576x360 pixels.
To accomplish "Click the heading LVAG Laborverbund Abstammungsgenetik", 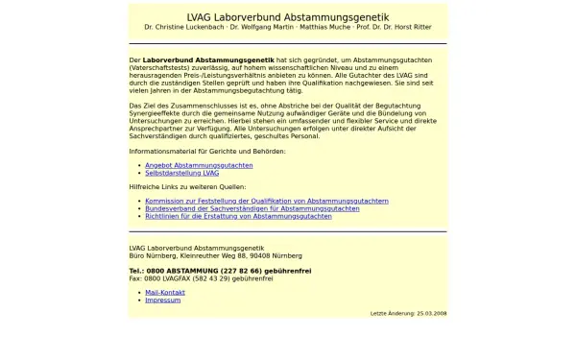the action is pyautogui.click(x=288, y=16).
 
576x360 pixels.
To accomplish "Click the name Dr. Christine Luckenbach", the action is pyautogui.click(x=185, y=28).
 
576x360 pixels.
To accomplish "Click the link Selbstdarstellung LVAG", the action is pyautogui.click(x=181, y=173).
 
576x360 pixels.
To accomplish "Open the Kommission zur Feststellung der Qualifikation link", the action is pyautogui.click(x=267, y=201).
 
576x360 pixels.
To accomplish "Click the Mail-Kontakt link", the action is pyautogui.click(x=165, y=292).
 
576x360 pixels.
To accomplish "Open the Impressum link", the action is pyautogui.click(x=162, y=300).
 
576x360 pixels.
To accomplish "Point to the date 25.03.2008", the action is pyautogui.click(x=431, y=313).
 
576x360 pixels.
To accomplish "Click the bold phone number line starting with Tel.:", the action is pyautogui.click(x=220, y=271).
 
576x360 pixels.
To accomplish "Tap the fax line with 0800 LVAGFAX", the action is pyautogui.click(x=194, y=278).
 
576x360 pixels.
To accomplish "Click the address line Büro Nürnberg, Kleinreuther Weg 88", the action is pyautogui.click(x=215, y=255).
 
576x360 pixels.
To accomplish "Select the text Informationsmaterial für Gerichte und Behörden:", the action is pyautogui.click(x=207, y=151).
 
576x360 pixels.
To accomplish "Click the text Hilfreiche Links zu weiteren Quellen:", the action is pyautogui.click(x=187, y=186).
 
